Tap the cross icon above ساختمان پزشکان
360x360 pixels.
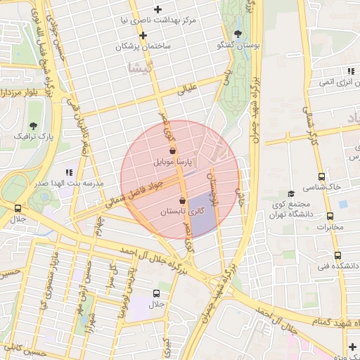(143, 34)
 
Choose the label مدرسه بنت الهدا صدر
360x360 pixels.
(70, 183)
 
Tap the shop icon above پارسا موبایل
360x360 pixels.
(173, 150)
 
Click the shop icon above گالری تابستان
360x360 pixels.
(182, 200)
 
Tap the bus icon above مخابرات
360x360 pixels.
(330, 216)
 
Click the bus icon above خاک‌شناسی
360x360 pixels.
(321, 176)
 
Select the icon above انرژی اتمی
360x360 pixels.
(349, 71)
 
